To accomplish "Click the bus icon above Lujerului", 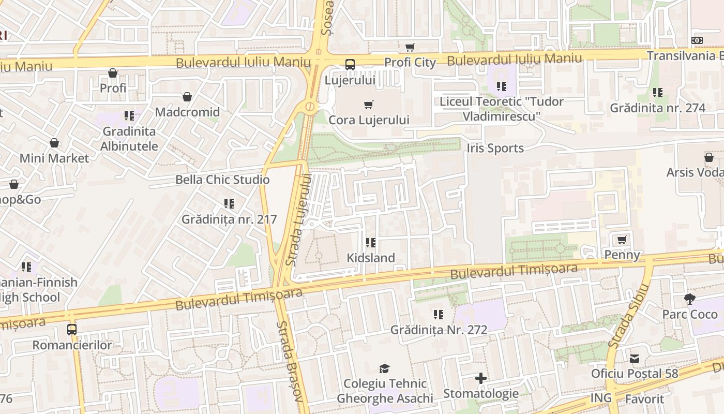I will (350, 65).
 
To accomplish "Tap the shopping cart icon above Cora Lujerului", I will (369, 105).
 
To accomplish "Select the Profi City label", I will (410, 63).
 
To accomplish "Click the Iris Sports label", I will (495, 149).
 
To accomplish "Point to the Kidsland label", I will (370, 258).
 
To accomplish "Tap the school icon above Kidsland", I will (370, 242).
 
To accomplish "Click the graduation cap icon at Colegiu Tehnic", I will (384, 368).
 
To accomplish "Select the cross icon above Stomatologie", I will (481, 378).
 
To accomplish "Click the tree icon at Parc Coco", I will (690, 299).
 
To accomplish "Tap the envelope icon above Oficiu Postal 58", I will (635, 358).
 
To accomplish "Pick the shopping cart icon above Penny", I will (622, 240).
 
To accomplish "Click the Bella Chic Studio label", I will (222, 180).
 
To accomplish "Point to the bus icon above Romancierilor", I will (72, 329).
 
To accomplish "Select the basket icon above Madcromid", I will (187, 97).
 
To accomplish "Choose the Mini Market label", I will (54, 158).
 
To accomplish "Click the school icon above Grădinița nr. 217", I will (229, 204).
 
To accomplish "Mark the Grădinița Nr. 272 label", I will (439, 330).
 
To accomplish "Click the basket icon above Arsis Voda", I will (709, 157).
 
